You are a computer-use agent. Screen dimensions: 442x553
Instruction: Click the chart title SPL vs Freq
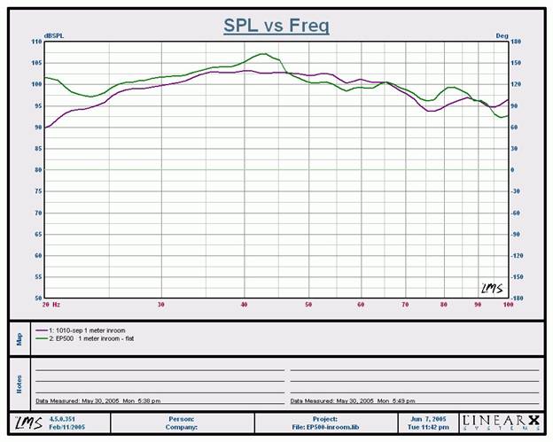276,26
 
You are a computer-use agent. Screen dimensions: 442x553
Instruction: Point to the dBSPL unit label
54,36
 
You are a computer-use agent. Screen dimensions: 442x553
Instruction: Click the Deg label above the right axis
502,36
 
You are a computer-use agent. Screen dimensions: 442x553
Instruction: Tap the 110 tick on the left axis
36,42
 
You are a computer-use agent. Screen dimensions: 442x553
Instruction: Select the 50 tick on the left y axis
37,299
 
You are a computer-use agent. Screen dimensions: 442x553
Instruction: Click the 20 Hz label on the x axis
50,305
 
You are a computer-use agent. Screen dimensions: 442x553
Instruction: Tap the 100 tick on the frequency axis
508,305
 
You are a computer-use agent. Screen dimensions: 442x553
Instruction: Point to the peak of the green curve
263,54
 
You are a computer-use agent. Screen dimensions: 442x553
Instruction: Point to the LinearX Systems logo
499,423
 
